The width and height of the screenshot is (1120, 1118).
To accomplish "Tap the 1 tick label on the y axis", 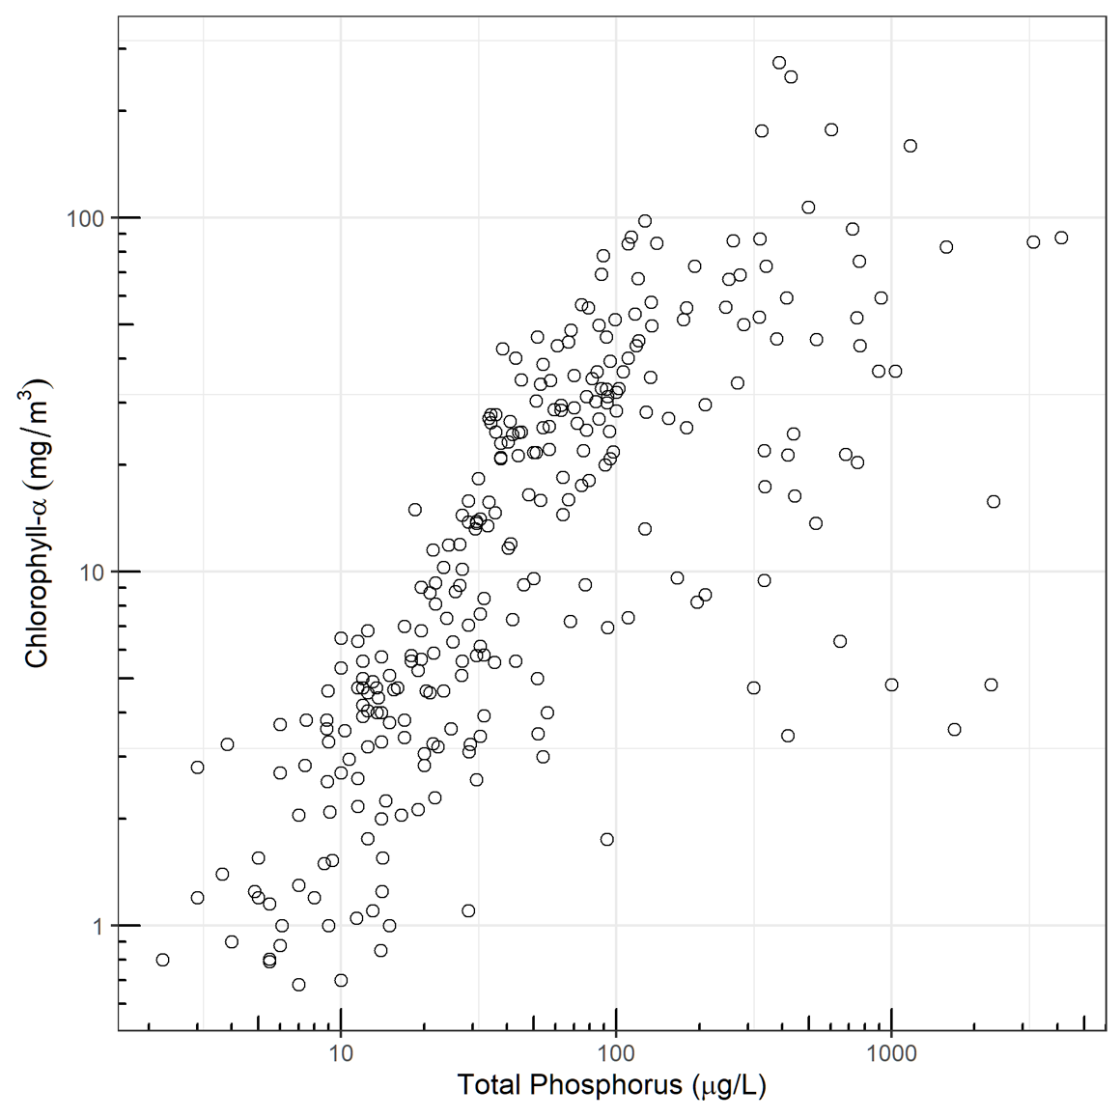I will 97,925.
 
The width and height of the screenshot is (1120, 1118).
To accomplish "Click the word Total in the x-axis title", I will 490,1085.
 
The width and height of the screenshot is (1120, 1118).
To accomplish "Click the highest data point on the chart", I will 779,63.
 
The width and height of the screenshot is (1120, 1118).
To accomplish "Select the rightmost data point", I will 1061,238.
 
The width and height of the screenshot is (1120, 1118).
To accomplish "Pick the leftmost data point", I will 162,960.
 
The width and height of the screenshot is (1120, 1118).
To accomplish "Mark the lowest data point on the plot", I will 298,985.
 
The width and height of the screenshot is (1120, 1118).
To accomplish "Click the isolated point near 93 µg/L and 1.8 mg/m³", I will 607,839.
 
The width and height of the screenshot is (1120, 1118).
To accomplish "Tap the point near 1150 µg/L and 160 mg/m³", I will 910,146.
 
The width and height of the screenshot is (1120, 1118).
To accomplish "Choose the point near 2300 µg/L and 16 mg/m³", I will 994,501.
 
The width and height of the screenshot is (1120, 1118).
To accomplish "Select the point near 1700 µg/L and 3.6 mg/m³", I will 954,729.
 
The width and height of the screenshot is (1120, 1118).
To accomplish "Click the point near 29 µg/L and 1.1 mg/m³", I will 468,910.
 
